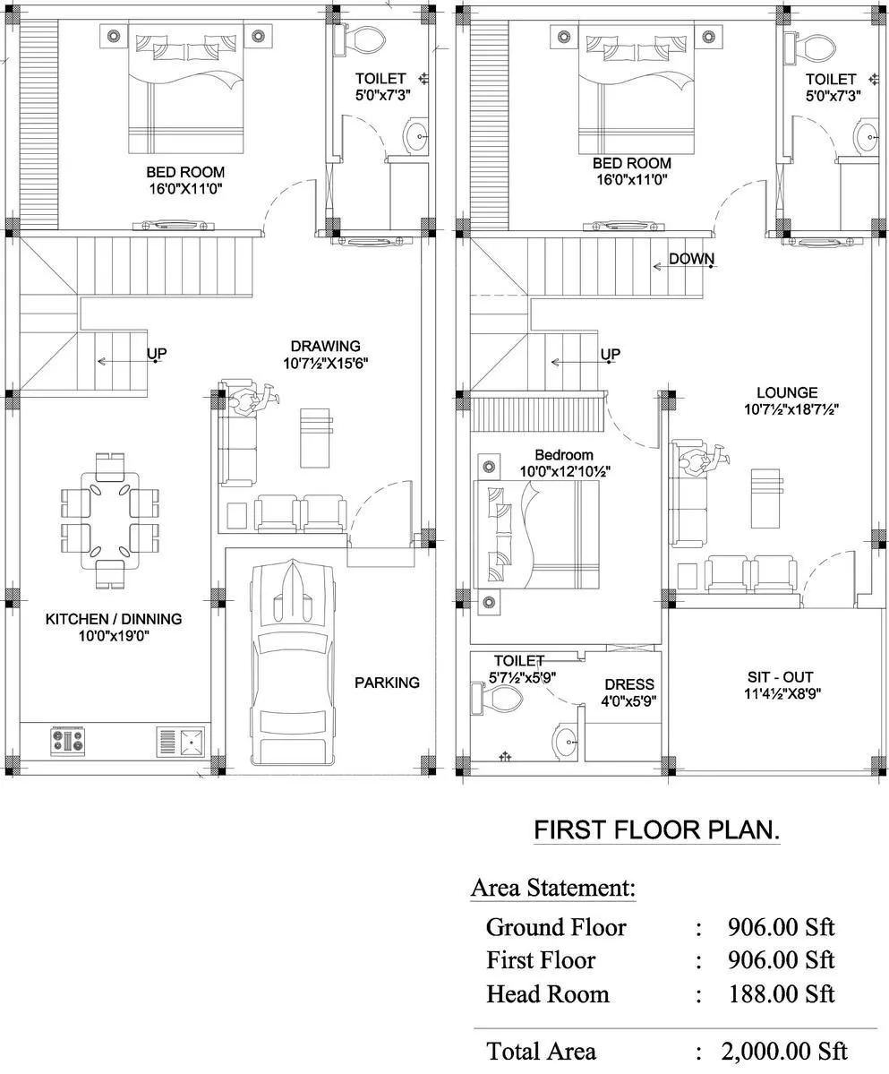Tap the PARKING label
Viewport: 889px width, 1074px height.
387,683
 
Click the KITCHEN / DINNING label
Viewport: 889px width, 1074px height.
114,619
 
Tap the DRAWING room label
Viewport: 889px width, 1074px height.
325,346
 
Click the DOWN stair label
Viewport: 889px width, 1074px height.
692,260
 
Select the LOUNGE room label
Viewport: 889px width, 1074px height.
787,392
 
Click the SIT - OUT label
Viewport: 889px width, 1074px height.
781,677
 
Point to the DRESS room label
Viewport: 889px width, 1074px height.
628,684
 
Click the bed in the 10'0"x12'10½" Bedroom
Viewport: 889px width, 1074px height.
538,535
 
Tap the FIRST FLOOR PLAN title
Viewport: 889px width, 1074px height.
656,830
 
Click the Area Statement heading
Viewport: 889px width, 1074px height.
553,889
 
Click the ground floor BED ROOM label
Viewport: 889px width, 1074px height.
185,172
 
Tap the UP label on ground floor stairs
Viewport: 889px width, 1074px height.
157,354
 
